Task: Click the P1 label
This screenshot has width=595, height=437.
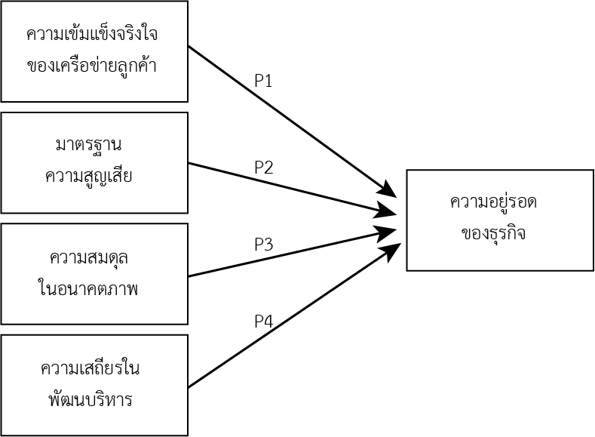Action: click(x=263, y=81)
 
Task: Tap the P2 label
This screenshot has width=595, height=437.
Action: click(x=263, y=167)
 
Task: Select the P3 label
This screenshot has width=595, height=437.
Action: click(x=263, y=244)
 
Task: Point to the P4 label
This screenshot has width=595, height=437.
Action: click(x=263, y=322)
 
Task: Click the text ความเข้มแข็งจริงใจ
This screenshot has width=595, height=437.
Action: click(x=92, y=33)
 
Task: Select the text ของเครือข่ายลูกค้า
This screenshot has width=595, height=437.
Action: click(x=92, y=66)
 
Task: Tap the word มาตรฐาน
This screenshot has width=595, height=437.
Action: click(x=88, y=145)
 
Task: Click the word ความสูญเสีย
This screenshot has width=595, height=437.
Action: click(x=88, y=175)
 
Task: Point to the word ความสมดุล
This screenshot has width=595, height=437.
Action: click(x=89, y=258)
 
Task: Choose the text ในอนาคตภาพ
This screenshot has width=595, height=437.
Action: click(x=87, y=288)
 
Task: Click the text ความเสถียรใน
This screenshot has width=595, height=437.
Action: click(x=90, y=368)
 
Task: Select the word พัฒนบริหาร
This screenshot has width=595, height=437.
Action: click(x=90, y=399)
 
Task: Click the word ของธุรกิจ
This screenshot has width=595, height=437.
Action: click(x=493, y=233)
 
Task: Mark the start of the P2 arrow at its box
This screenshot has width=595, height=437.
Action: click(x=189, y=163)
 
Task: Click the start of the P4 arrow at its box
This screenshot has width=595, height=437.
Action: click(x=189, y=387)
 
